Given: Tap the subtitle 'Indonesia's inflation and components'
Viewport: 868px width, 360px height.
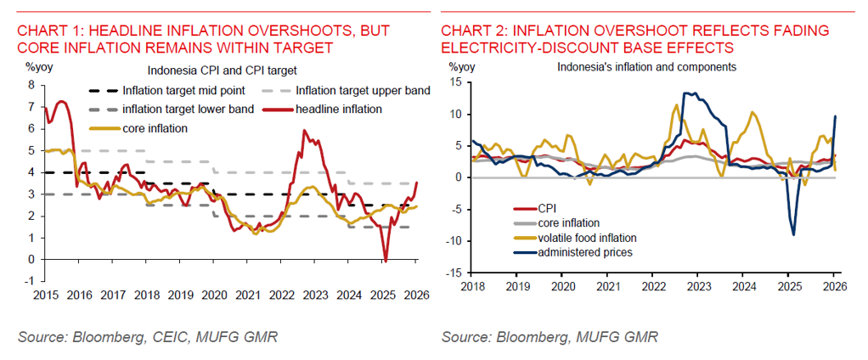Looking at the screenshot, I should click(x=646, y=66).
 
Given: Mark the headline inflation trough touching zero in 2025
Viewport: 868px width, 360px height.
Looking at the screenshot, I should click(x=386, y=258).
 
